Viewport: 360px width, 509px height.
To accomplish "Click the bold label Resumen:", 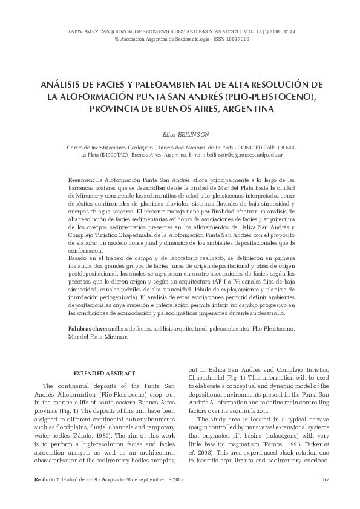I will (82, 180).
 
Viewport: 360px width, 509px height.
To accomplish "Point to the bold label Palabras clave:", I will (87, 328).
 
